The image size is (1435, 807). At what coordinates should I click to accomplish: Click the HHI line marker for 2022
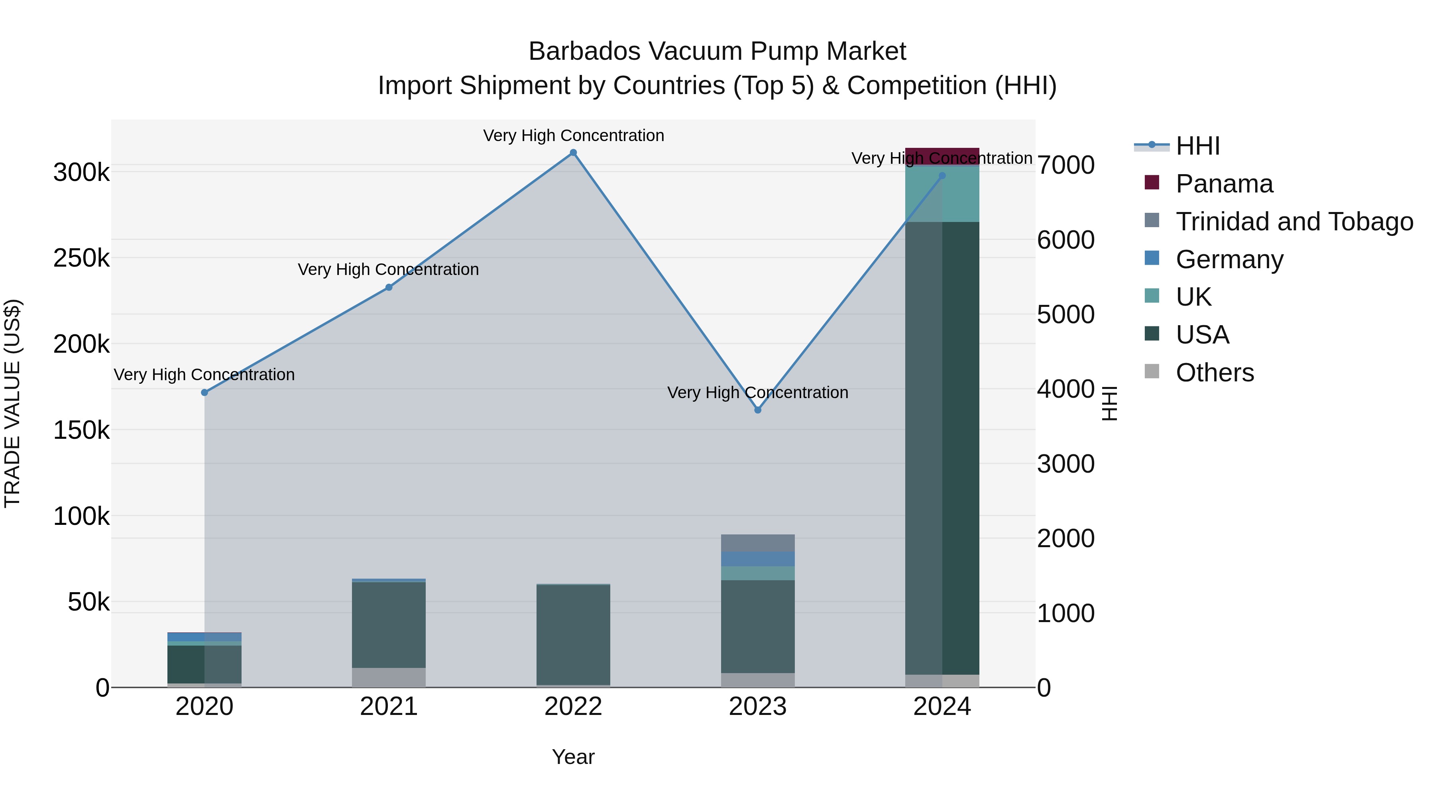click(x=573, y=153)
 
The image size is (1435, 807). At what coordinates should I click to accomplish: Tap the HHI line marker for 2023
click(x=758, y=410)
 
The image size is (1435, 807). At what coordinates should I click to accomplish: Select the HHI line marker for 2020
click(x=204, y=393)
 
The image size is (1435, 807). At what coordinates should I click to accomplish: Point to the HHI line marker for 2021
click(x=389, y=287)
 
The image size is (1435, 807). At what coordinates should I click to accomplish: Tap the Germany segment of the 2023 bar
click(x=758, y=559)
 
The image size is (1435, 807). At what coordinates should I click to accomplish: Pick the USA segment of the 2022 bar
click(x=573, y=635)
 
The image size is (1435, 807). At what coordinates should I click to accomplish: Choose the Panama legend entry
click(x=1223, y=184)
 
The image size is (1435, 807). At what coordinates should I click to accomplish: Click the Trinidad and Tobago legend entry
click(x=1293, y=222)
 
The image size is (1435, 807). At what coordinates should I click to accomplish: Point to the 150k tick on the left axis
click(x=81, y=430)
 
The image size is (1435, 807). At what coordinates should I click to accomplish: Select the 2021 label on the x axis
click(x=389, y=707)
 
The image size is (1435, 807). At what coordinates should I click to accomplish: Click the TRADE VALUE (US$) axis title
click(x=12, y=403)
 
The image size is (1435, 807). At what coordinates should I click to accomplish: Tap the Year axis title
click(x=573, y=757)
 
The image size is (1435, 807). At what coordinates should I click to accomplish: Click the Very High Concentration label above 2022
click(x=573, y=135)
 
